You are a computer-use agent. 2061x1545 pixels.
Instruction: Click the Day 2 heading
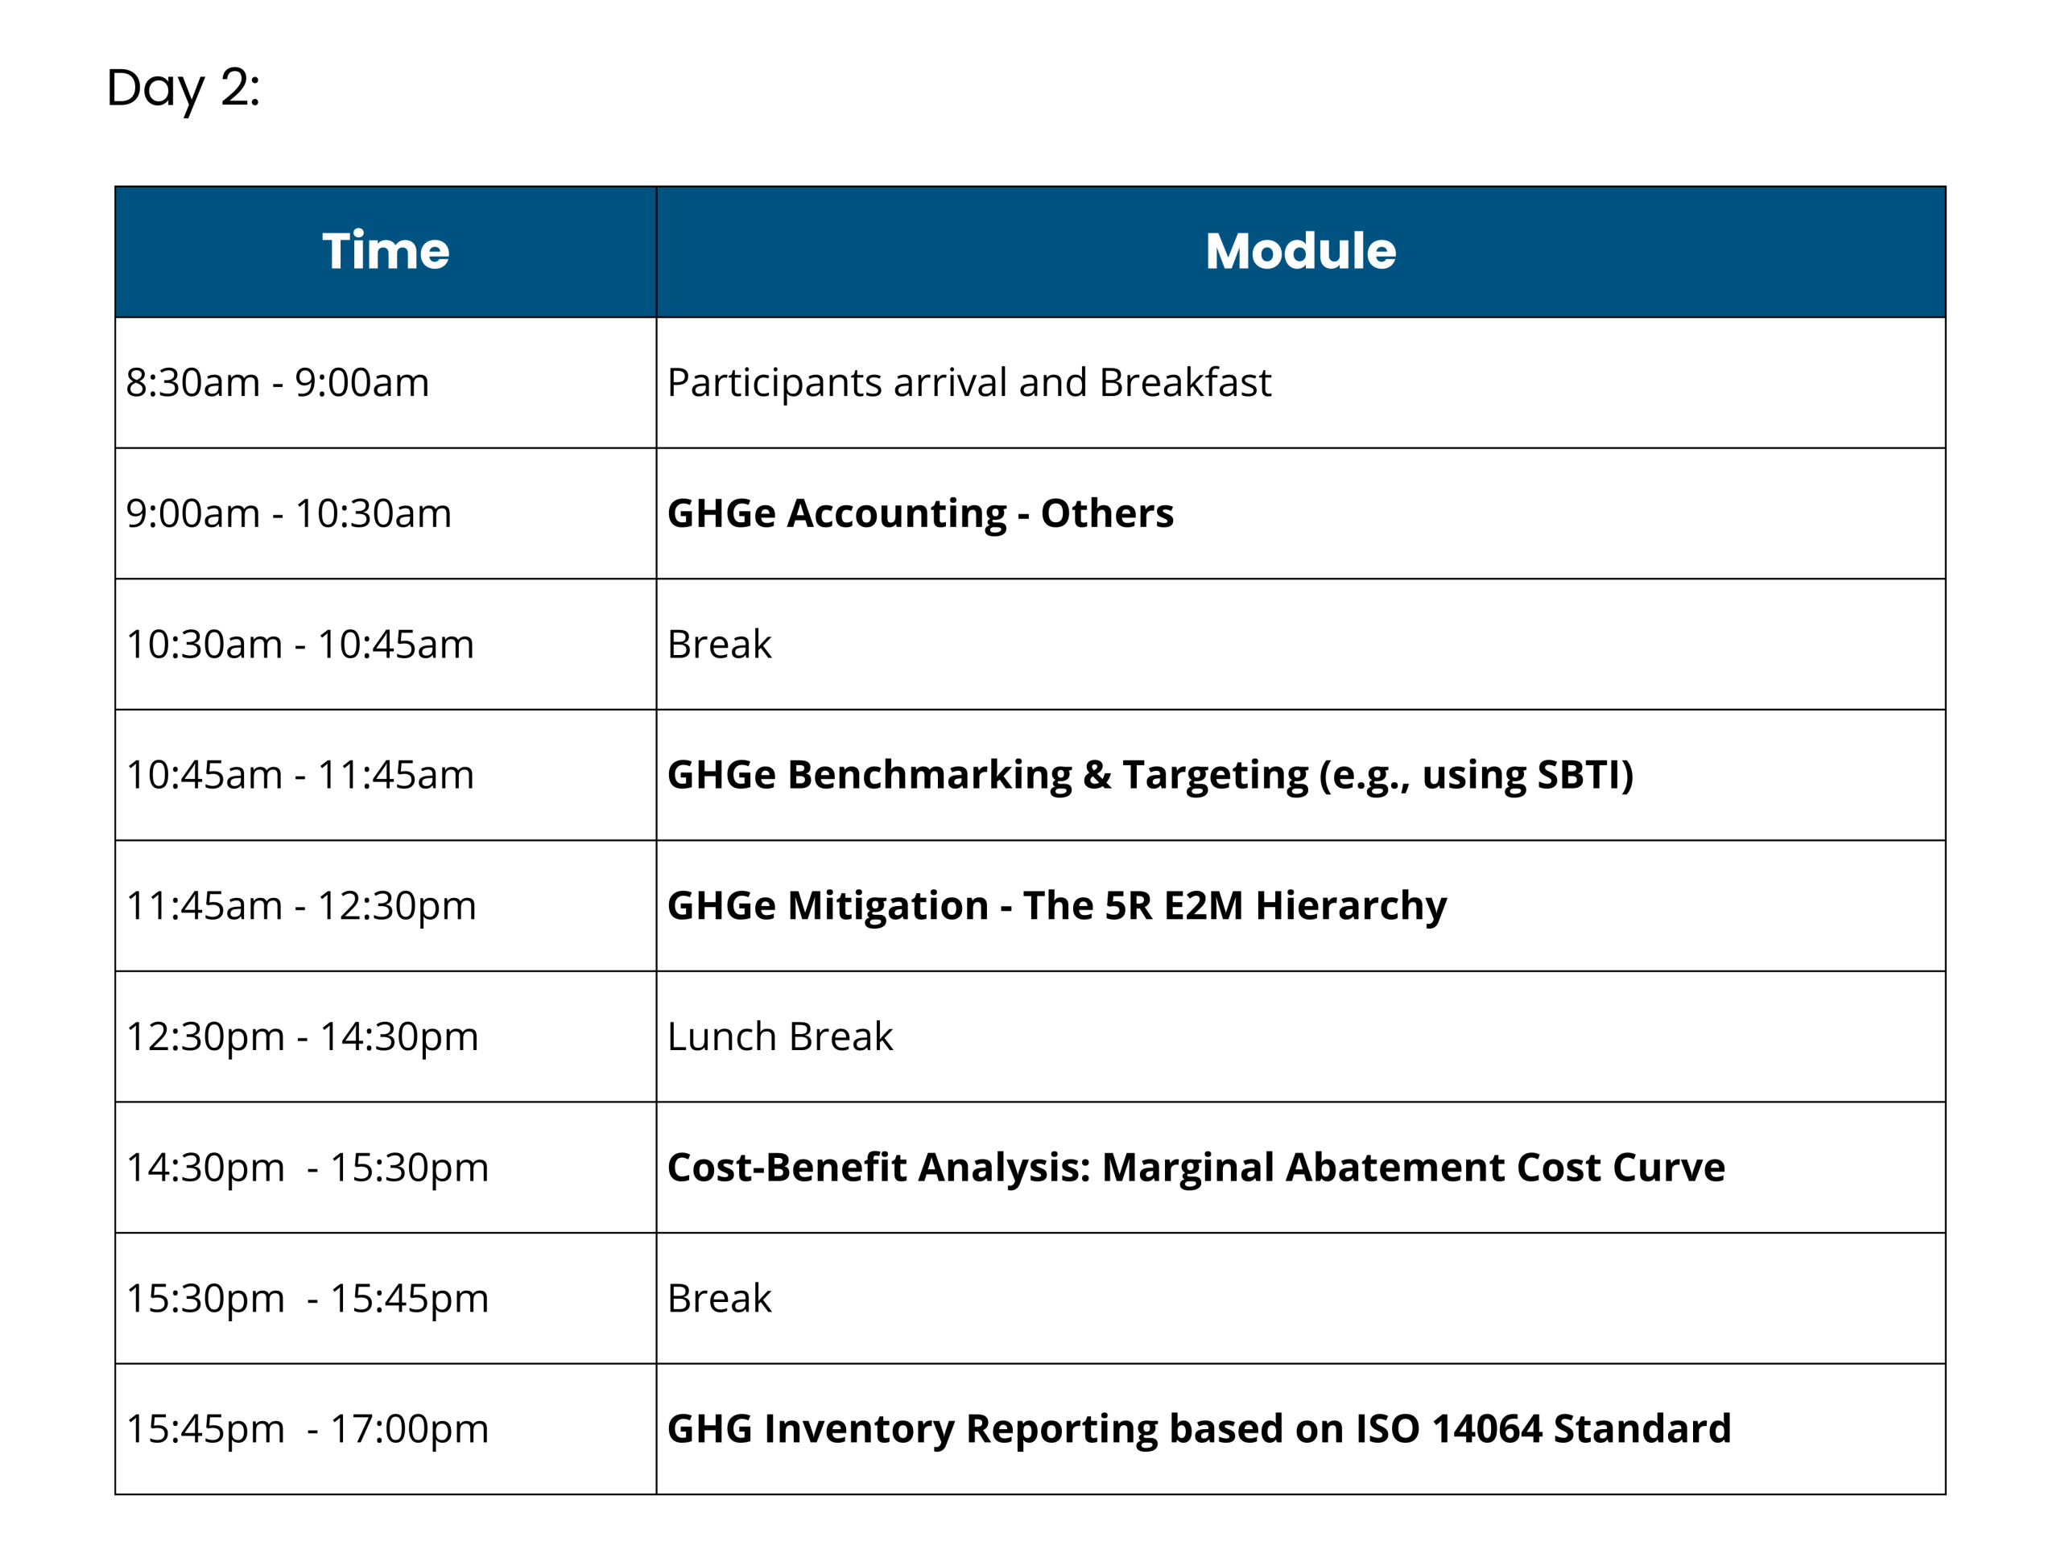[x=183, y=89]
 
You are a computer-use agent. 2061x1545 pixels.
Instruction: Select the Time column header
[x=386, y=251]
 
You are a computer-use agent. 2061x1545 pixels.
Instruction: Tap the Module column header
[x=1301, y=251]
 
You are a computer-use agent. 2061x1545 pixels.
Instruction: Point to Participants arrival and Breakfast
[x=969, y=383]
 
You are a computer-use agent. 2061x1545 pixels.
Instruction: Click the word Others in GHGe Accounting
[x=1107, y=513]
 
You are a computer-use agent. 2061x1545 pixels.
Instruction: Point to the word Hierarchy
[x=1351, y=906]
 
